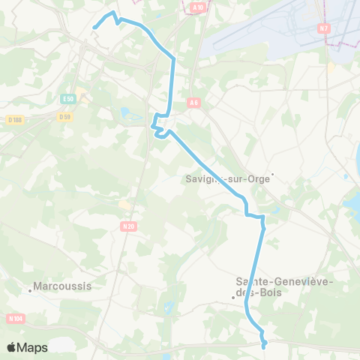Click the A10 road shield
click(x=197, y=7)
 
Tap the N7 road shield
click(x=324, y=28)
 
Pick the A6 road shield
click(x=194, y=103)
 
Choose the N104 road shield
click(x=15, y=319)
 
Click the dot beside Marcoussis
click(x=32, y=287)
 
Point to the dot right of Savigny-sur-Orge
click(x=273, y=175)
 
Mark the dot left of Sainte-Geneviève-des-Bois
click(x=233, y=298)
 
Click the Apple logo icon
click(x=12, y=347)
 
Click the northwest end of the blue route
click(x=93, y=28)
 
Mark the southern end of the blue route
click(x=265, y=346)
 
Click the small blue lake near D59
click(x=126, y=115)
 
